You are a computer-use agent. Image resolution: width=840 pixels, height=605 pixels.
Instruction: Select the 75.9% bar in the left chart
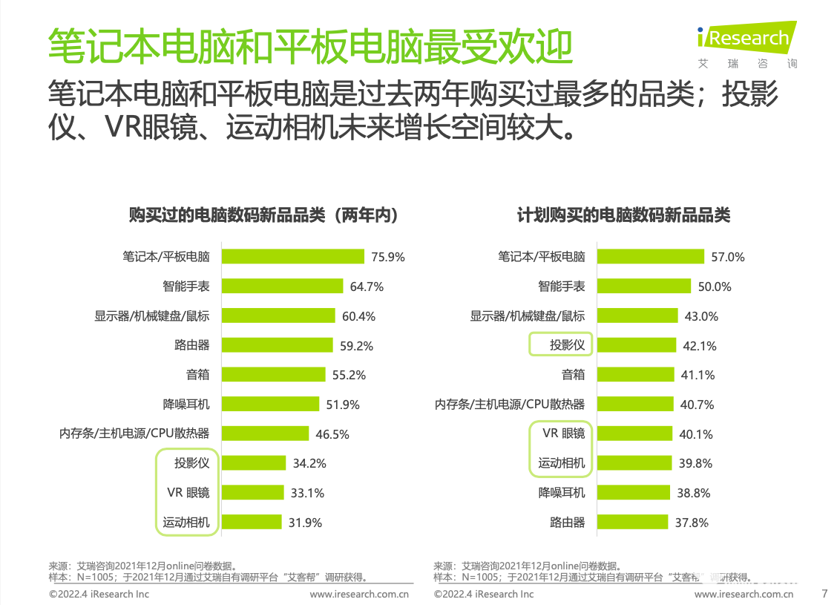293,257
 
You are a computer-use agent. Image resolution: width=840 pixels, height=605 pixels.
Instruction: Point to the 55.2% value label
349,375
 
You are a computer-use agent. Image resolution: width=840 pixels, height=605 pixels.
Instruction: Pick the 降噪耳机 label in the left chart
186,405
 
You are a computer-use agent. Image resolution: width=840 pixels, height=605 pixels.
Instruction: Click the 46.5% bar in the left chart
265,434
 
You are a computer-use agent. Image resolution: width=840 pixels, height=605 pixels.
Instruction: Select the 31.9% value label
305,523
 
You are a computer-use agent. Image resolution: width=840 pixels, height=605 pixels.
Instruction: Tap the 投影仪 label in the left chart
192,463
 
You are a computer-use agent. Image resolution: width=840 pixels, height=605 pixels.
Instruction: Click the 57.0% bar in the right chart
650,257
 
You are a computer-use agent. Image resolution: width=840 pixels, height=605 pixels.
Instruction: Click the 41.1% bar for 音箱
635,375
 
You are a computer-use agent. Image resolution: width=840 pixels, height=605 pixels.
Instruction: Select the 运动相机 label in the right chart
562,463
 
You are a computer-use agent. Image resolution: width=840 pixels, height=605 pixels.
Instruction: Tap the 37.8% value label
692,523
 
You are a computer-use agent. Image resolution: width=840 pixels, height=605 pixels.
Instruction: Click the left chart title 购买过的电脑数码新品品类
263,215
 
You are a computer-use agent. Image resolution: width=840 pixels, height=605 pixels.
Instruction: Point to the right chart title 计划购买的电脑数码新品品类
623,215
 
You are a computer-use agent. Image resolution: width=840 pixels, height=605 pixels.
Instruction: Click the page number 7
824,593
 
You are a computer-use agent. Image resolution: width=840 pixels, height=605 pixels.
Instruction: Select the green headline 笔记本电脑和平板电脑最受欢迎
309,46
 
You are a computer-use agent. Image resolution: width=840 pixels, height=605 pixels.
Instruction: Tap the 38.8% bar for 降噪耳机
633,493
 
